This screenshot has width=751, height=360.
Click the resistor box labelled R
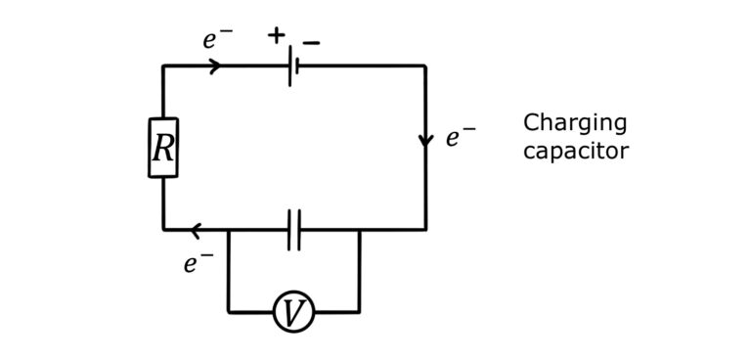pyautogui.click(x=163, y=148)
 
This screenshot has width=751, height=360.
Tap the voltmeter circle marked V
pyautogui.click(x=293, y=312)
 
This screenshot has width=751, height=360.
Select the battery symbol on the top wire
pyautogui.click(x=292, y=66)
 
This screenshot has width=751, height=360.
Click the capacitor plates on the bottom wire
pyautogui.click(x=294, y=230)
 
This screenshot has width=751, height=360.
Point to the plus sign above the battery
pyautogui.click(x=277, y=35)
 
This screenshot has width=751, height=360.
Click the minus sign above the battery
pyautogui.click(x=311, y=43)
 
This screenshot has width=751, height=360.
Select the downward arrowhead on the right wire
pyautogui.click(x=425, y=141)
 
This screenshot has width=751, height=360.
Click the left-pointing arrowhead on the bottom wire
pyautogui.click(x=196, y=231)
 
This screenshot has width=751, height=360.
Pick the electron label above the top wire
pyautogui.click(x=217, y=39)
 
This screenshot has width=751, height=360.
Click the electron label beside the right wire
pyautogui.click(x=460, y=137)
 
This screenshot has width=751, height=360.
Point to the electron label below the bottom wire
pyautogui.click(x=198, y=263)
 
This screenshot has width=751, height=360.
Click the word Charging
pyautogui.click(x=575, y=123)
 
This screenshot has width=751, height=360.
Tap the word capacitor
pyautogui.click(x=575, y=151)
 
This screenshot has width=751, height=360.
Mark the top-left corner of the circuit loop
pyautogui.click(x=163, y=66)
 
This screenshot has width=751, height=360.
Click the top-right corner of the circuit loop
pyautogui.click(x=425, y=66)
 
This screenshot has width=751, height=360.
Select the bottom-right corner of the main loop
pyautogui.click(x=425, y=230)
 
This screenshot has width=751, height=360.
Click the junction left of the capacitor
pyautogui.click(x=229, y=230)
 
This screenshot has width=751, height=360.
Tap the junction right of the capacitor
pyautogui.click(x=359, y=230)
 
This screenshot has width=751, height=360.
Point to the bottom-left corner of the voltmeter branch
pyautogui.click(x=229, y=312)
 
